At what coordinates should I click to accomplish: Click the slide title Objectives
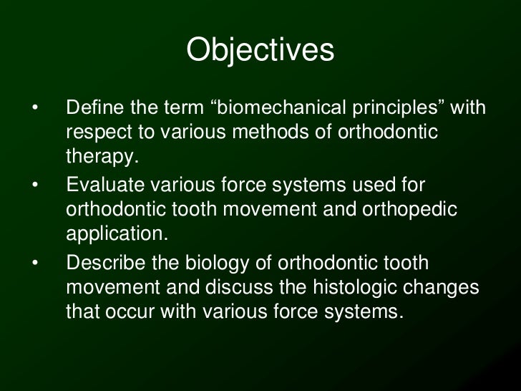(x=260, y=51)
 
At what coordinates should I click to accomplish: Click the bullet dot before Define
(x=34, y=109)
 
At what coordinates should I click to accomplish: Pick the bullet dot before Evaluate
(x=34, y=186)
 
